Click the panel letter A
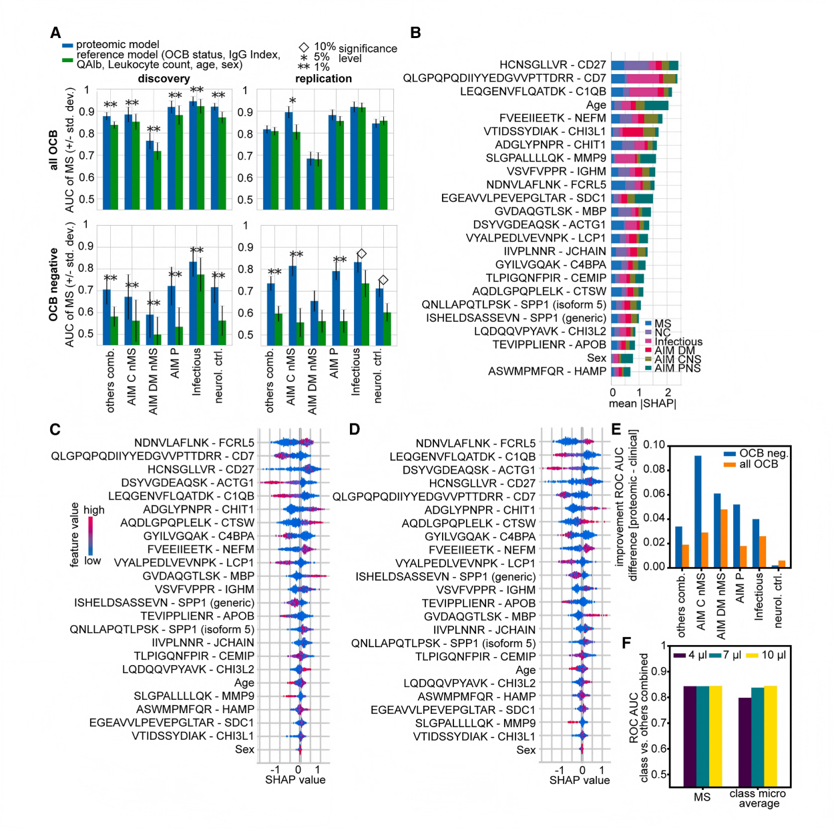[55, 33]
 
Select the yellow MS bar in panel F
[716, 735]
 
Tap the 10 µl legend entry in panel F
[773, 655]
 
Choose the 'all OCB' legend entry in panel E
[758, 464]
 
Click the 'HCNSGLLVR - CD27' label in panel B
[552, 65]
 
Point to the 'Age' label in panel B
[596, 105]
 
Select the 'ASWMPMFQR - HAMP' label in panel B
[547, 371]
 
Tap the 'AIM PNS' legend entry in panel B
[677, 368]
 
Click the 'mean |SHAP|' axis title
[642, 403]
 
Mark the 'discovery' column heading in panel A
[164, 79]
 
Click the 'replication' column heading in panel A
[323, 79]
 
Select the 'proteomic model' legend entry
[117, 45]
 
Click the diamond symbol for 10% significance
[304, 47]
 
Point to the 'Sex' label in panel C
[244, 749]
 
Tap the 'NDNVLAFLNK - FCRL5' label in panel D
[475, 443]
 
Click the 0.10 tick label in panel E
[654, 445]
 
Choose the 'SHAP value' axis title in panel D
[579, 780]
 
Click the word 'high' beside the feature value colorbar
[94, 510]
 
